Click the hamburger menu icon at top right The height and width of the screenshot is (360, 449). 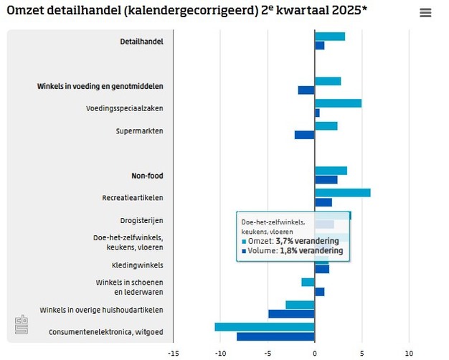(425, 13)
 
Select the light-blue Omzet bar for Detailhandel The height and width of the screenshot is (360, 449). (329, 37)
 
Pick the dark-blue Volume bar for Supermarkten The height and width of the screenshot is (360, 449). (304, 135)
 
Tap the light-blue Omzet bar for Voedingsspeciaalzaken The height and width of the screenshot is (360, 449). (338, 103)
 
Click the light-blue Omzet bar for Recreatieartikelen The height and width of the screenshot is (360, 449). (342, 192)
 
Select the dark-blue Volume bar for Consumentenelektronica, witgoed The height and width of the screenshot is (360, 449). (275, 336)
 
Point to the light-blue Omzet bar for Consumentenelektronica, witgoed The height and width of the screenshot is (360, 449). (265, 327)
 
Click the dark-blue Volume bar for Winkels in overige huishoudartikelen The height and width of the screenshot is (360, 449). (291, 313)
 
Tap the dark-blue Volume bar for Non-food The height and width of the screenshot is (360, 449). (326, 179)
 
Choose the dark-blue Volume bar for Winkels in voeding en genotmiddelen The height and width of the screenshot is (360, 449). (306, 90)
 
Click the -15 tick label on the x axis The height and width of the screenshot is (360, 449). (173, 353)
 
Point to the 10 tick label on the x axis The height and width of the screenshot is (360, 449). (409, 353)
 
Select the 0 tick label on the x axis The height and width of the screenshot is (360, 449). (314, 353)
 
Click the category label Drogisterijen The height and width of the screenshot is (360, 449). (141, 220)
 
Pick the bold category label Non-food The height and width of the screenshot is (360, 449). (147, 176)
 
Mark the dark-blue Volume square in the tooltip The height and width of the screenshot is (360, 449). (244, 252)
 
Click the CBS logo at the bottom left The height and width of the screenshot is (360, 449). (22, 326)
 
